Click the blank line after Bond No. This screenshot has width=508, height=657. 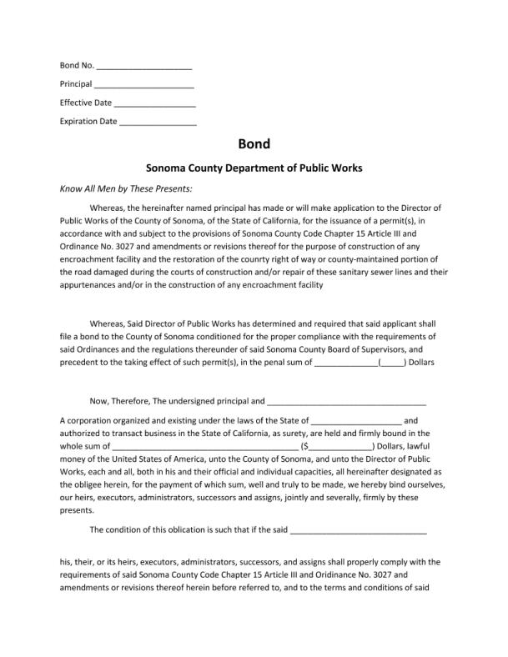tap(144, 67)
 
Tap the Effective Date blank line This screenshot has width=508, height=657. tap(154, 104)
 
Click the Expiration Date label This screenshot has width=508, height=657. tap(88, 122)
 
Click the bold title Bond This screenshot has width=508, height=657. tap(254, 144)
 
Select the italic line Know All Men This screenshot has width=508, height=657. tap(126, 188)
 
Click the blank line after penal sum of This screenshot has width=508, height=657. tap(345, 364)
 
